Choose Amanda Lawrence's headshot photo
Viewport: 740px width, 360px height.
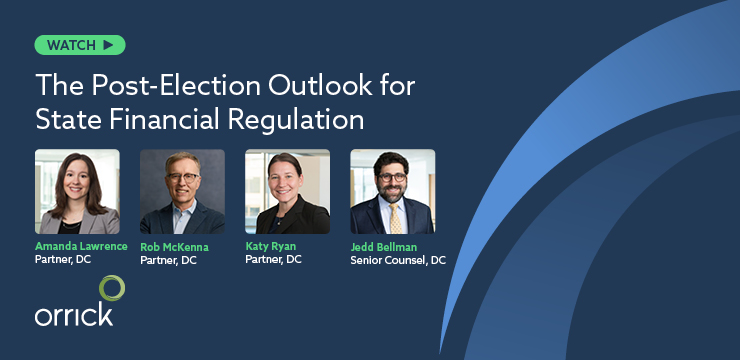(77, 192)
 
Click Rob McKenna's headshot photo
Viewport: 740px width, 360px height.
(182, 192)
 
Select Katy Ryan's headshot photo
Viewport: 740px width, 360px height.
(287, 192)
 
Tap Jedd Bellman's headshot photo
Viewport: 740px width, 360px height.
(392, 192)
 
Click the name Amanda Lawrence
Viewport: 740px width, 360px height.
(81, 246)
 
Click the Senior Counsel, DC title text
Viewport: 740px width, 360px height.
(398, 261)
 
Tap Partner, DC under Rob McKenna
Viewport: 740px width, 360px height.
(168, 260)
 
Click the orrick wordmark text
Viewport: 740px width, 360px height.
(73, 314)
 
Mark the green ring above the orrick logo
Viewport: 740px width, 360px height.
(111, 288)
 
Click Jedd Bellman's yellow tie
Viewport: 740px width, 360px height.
(393, 219)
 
